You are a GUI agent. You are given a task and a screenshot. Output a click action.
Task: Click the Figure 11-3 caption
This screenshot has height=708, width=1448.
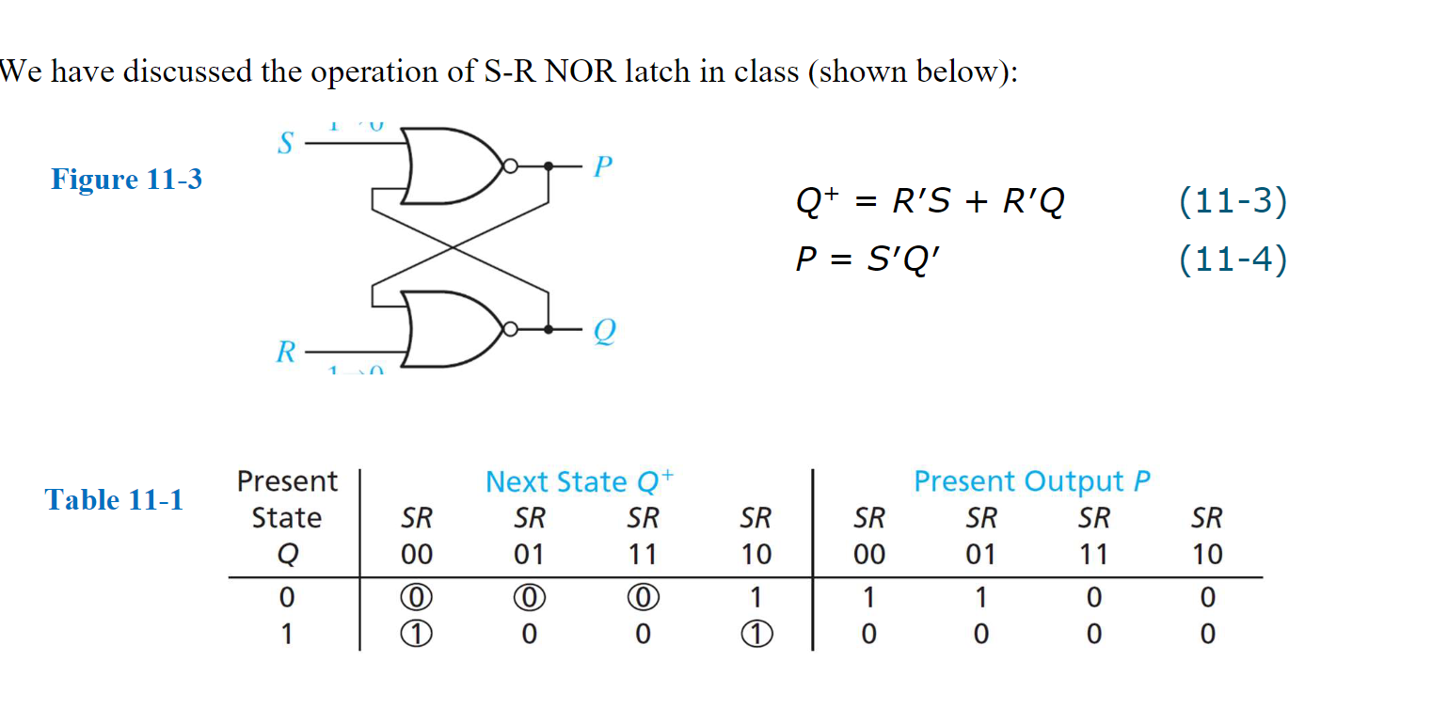point(126,179)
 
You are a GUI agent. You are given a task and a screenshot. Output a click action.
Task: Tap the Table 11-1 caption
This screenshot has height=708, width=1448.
point(114,499)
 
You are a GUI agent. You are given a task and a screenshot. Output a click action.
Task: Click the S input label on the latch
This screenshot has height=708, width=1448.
point(284,145)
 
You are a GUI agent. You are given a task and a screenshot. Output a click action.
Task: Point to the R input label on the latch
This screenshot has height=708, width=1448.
point(284,353)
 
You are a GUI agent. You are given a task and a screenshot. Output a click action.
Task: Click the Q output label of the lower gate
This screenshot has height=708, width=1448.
point(604,331)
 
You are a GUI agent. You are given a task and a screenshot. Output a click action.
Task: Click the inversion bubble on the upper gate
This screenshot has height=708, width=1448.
point(510,165)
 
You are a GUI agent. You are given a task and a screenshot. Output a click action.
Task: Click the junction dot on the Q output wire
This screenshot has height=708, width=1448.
point(549,329)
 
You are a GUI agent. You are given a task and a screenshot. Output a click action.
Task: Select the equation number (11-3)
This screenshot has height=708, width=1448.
point(1232,201)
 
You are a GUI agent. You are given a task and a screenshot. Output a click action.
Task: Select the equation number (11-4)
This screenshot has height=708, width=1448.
point(1232,259)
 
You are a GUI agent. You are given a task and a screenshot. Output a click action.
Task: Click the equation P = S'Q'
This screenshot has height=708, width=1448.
point(867,260)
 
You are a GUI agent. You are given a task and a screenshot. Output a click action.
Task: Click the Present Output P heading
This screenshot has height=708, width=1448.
point(1032,481)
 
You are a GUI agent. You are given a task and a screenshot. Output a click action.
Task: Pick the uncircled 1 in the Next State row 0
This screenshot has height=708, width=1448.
point(755,597)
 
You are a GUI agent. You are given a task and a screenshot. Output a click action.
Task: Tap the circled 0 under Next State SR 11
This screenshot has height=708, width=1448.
point(642,597)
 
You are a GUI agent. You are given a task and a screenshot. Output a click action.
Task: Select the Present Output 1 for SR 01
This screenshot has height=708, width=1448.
point(980,597)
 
